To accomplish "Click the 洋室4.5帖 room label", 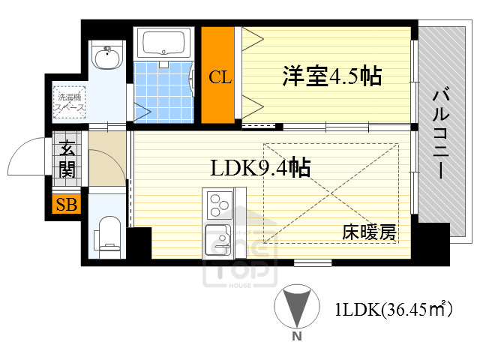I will coord(331,76).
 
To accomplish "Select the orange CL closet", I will coord(219,75).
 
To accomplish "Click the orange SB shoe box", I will coord(67,204).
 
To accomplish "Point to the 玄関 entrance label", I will coord(67,159).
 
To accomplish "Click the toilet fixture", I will coord(109,233).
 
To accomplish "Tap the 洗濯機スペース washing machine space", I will coord(68,102).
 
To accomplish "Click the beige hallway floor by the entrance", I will coord(106,162).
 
